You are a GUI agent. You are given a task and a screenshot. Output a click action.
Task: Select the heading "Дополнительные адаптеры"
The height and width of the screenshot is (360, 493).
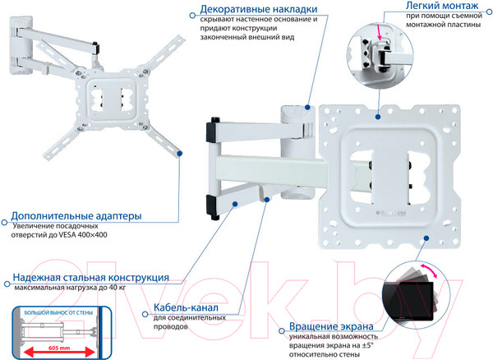pyautogui.click(x=76, y=216)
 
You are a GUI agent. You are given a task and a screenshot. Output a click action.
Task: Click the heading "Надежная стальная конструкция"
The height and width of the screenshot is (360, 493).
pyautogui.click(x=90, y=278)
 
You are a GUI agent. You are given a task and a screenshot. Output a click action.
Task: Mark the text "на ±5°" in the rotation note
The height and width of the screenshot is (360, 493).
pyautogui.click(x=360, y=347)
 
